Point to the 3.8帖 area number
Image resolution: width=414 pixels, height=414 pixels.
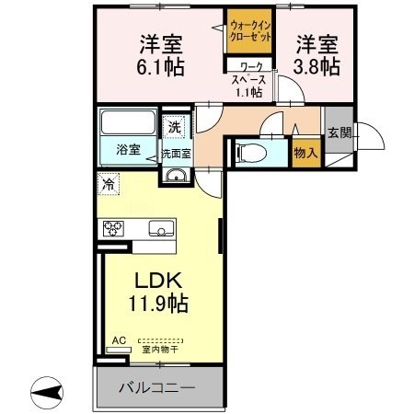click(x=316, y=66)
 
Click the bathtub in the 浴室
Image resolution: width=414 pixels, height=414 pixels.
click(x=127, y=125)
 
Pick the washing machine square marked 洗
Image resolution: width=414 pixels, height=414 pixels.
click(x=174, y=125)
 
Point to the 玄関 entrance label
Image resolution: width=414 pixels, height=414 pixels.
click(x=339, y=132)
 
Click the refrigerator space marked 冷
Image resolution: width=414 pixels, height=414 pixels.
click(x=109, y=182)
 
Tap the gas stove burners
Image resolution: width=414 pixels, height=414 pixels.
click(x=114, y=228)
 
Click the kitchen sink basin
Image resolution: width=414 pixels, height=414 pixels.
click(x=162, y=228)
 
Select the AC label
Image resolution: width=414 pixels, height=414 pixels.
click(x=118, y=339)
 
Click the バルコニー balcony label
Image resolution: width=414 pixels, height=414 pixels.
click(x=156, y=388)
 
